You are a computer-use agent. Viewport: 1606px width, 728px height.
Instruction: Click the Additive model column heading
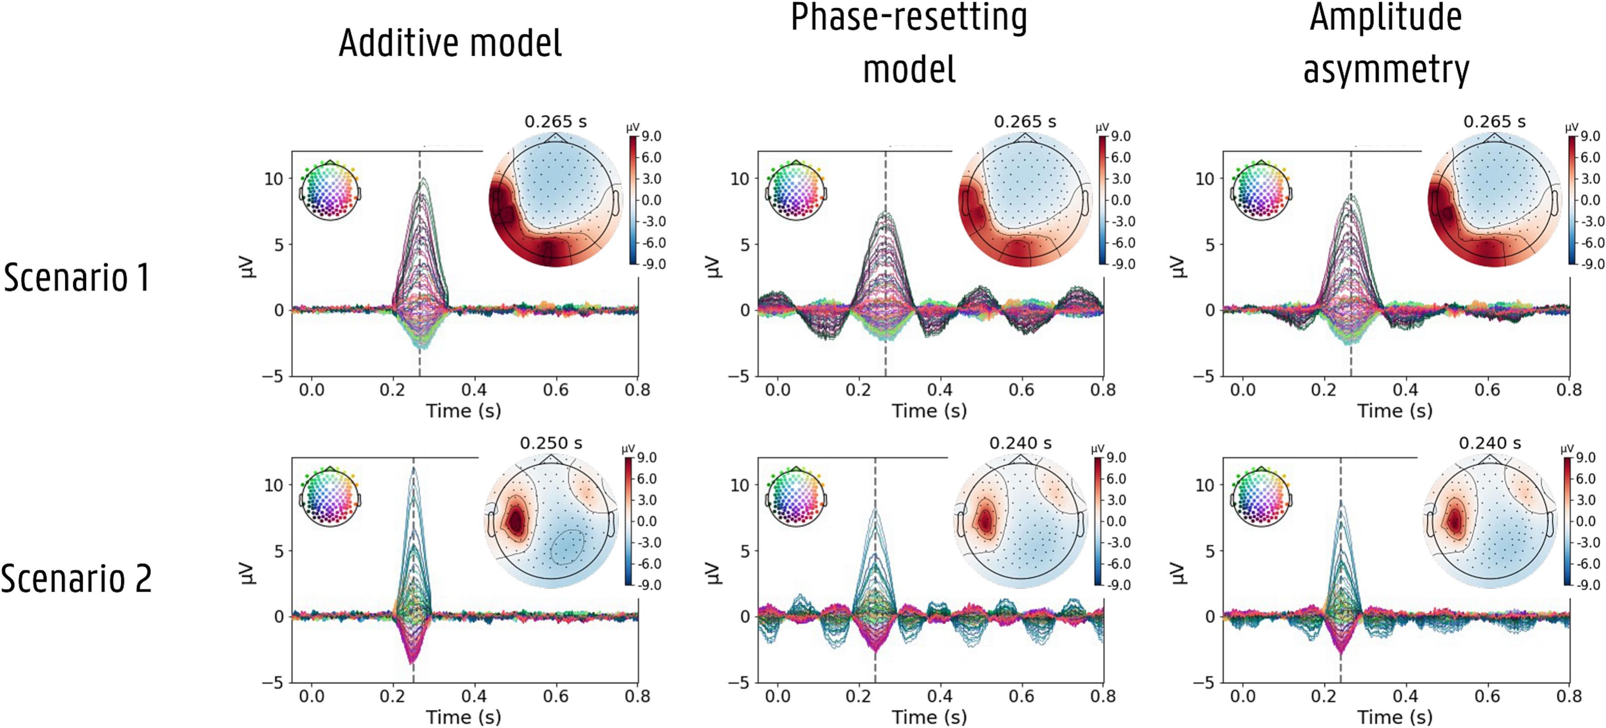(x=450, y=43)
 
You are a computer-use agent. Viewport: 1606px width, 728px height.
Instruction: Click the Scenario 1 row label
(x=76, y=277)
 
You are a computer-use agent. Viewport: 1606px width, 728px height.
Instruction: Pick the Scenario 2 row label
(x=76, y=578)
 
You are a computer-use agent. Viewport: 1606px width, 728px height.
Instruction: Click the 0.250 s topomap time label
(x=551, y=443)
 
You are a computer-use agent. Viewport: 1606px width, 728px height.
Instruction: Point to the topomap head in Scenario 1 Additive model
(x=555, y=201)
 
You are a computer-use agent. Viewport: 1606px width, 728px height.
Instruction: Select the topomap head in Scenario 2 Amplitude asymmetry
(x=1490, y=522)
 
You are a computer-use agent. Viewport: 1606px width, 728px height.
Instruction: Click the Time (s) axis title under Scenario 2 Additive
(x=463, y=717)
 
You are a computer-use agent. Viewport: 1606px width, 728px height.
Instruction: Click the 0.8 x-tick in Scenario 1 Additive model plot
(x=637, y=390)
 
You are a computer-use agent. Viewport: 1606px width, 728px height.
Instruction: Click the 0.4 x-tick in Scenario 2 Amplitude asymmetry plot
(x=1405, y=696)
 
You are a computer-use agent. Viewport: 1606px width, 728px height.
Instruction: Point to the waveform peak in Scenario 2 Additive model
(x=413, y=469)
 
